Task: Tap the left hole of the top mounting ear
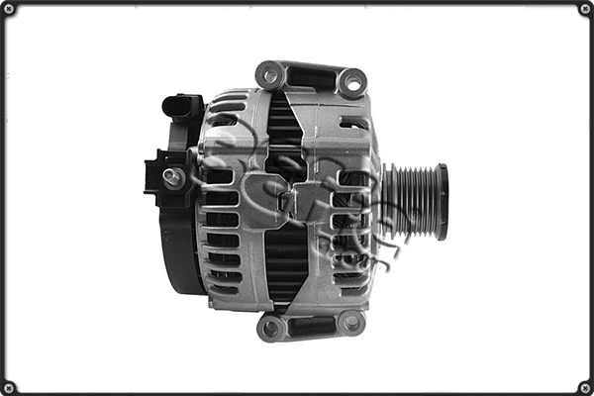coord(270,74)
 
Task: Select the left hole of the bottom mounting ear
coord(271,327)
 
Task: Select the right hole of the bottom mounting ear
coord(350,321)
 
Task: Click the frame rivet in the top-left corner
coord(9,9)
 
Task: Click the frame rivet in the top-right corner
coord(584,9)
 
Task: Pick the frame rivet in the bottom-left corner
coord(9,386)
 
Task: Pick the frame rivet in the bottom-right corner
coord(584,386)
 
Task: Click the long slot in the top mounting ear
coord(311,76)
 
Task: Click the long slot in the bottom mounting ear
coord(311,324)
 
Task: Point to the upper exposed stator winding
coord(285,129)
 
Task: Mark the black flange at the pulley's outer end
coord(442,202)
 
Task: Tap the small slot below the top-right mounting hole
coord(354,123)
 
